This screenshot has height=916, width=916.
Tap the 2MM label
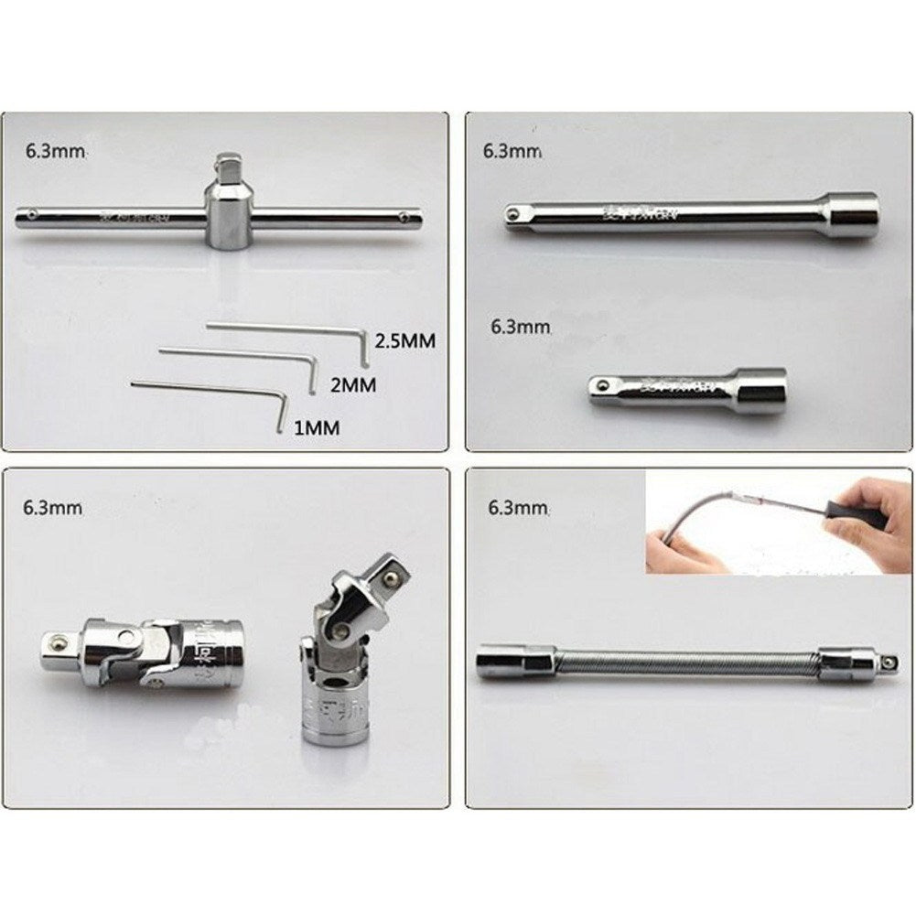coord(352,385)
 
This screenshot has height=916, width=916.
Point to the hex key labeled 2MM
coord(238,354)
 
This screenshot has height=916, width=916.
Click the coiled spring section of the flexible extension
coord(686,662)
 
